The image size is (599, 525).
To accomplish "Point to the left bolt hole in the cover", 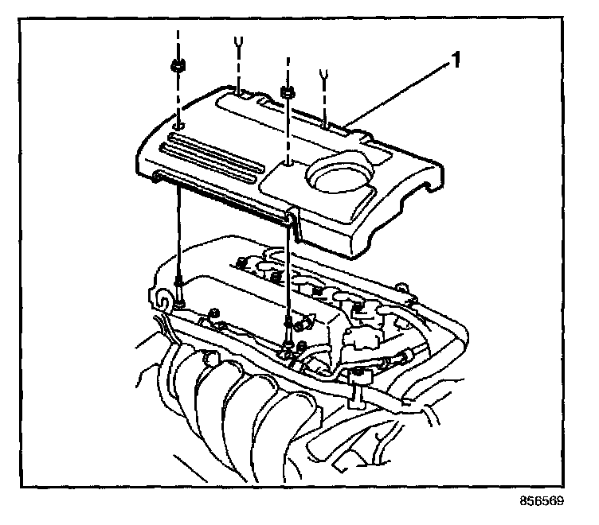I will pyautogui.click(x=178, y=126).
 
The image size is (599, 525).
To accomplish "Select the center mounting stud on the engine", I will pyautogui.click(x=288, y=325).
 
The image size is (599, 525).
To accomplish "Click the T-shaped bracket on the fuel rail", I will pyautogui.click(x=361, y=382).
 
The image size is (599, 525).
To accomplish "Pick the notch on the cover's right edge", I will pyautogui.click(x=430, y=189).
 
